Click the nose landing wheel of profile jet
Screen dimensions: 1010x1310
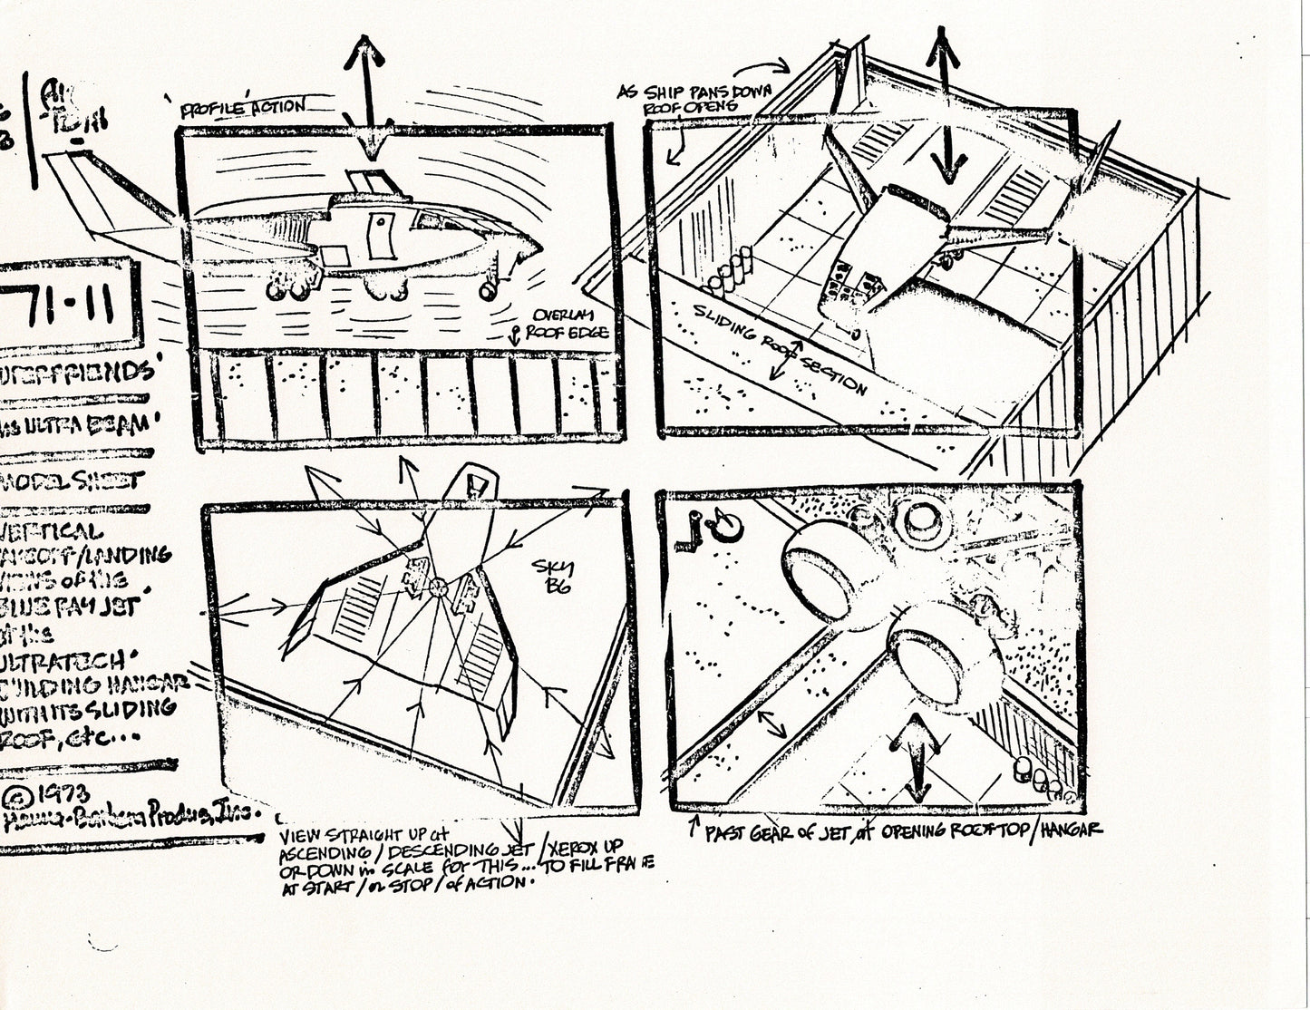click(488, 291)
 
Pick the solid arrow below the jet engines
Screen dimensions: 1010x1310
click(918, 753)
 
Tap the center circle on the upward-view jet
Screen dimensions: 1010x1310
click(439, 588)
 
